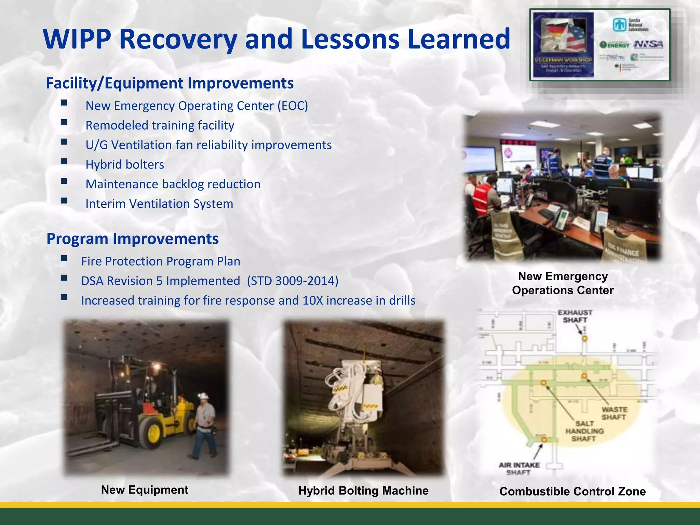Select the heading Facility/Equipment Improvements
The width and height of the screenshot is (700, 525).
[170, 83]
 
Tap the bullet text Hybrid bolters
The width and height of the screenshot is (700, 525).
[125, 165]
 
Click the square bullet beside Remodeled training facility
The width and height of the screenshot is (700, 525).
[64, 122]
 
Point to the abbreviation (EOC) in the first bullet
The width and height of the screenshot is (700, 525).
[293, 106]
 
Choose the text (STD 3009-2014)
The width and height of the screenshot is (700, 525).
[293, 281]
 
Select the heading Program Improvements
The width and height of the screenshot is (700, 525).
[132, 239]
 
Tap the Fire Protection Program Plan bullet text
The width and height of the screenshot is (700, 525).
[161, 261]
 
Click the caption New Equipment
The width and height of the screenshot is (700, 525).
[145, 490]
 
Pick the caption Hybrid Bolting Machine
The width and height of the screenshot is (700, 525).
[363, 490]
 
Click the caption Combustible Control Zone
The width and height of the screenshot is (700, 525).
[573, 492]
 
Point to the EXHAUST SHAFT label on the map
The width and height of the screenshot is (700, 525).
[575, 316]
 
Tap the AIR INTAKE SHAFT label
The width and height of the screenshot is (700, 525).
[519, 469]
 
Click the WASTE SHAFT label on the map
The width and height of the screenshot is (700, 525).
[614, 413]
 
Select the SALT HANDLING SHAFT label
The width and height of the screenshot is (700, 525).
[584, 431]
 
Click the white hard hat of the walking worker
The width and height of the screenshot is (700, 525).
[204, 395]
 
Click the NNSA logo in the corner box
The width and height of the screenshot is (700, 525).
[648, 44]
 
